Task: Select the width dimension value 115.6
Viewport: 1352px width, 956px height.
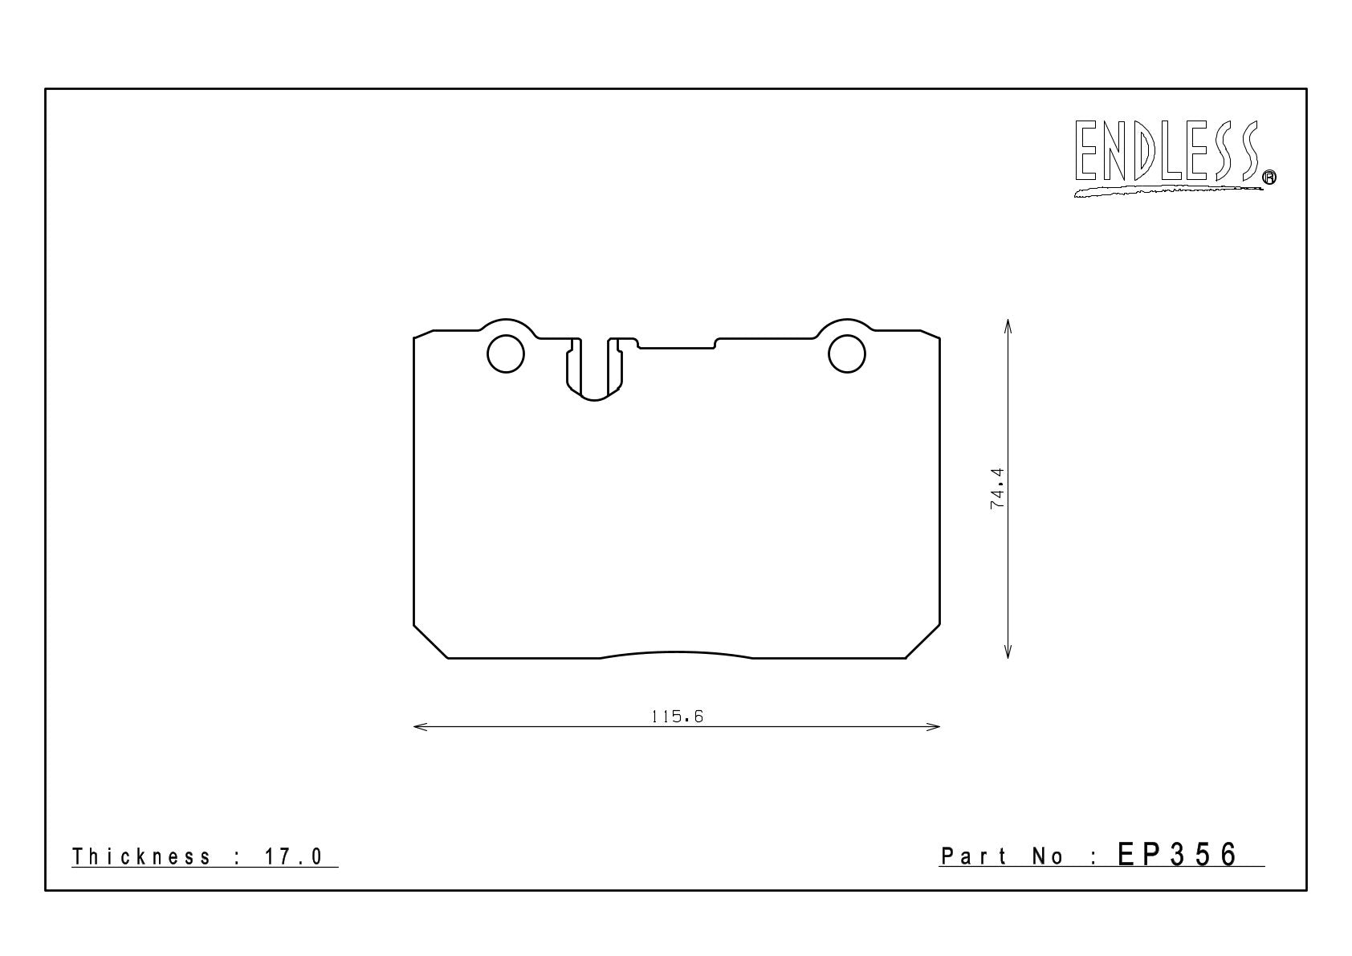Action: point(678,717)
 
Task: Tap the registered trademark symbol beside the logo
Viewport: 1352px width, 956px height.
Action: point(1269,177)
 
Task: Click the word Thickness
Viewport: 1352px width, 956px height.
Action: point(141,856)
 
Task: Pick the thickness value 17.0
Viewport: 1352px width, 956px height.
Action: point(294,856)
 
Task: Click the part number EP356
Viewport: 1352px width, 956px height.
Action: point(1177,855)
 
